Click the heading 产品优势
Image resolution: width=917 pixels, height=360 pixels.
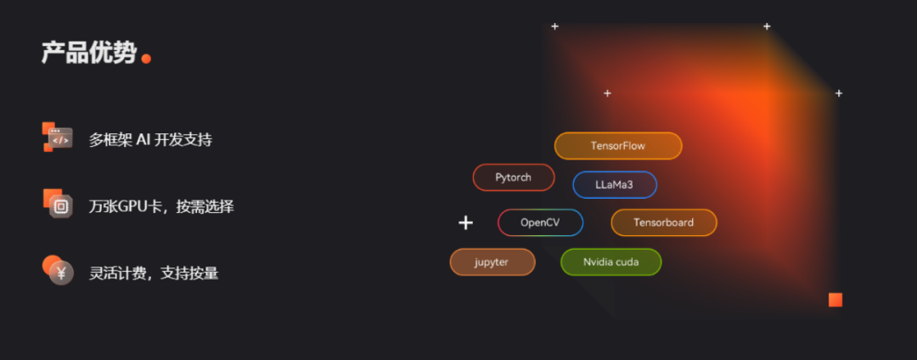[88, 53]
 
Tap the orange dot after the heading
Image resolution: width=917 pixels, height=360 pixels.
[146, 59]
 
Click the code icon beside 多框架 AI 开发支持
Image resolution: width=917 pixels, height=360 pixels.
[58, 137]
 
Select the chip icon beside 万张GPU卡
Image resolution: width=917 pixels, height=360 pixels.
[59, 205]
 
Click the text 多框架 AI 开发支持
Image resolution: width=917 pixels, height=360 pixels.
[150, 139]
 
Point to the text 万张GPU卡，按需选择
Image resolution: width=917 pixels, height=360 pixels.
[161, 206]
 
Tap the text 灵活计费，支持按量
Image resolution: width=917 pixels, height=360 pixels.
[154, 273]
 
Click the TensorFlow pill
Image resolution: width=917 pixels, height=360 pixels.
[618, 146]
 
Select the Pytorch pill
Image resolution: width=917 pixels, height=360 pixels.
[514, 177]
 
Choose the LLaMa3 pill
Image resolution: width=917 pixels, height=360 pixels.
[615, 184]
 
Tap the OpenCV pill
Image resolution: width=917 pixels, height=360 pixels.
[540, 222]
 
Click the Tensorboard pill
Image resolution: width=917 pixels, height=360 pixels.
[664, 222]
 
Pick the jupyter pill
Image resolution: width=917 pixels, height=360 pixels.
[492, 262]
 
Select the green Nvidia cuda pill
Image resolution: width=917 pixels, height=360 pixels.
[610, 262]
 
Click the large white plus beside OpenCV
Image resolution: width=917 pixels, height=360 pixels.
[465, 222]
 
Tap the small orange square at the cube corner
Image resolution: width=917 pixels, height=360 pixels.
[835, 300]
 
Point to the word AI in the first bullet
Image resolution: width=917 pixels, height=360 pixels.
[143, 139]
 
